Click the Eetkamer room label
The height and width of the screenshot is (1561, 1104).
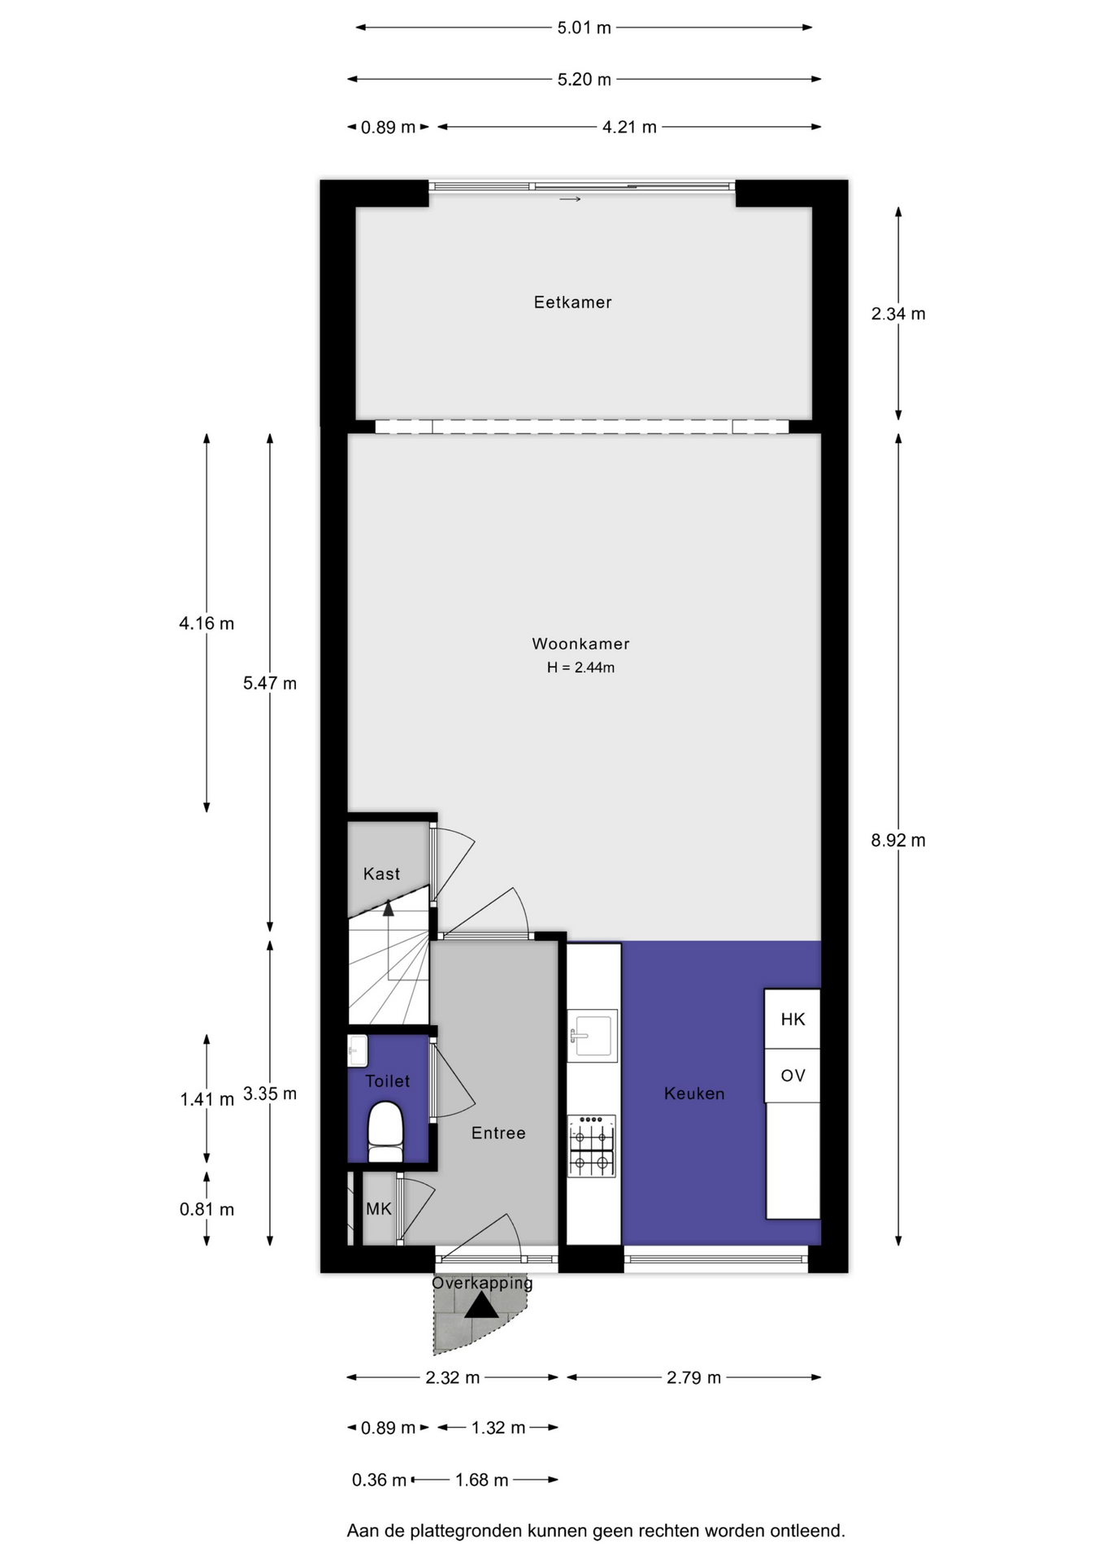(572, 302)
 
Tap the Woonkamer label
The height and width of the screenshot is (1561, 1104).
(580, 644)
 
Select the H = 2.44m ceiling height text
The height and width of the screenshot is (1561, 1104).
(580, 667)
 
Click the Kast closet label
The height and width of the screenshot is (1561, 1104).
(381, 874)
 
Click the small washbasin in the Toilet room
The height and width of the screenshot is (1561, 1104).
(358, 1050)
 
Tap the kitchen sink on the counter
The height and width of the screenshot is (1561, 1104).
(593, 1036)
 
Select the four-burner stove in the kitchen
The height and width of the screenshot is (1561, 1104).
(592, 1146)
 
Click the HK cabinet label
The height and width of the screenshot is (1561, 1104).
(793, 1020)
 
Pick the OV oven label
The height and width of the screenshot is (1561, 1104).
(793, 1076)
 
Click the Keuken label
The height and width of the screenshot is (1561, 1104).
(694, 1094)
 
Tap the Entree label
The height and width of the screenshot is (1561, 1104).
(498, 1133)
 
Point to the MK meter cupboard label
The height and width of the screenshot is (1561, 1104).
(379, 1209)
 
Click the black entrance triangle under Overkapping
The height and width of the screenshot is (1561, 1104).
(481, 1306)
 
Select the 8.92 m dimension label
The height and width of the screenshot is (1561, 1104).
(898, 841)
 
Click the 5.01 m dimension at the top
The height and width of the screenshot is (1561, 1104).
(584, 28)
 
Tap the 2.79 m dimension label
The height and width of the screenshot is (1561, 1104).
(693, 1377)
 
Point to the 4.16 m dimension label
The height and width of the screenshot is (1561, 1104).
(206, 624)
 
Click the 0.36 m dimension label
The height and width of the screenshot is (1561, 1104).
(379, 1480)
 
